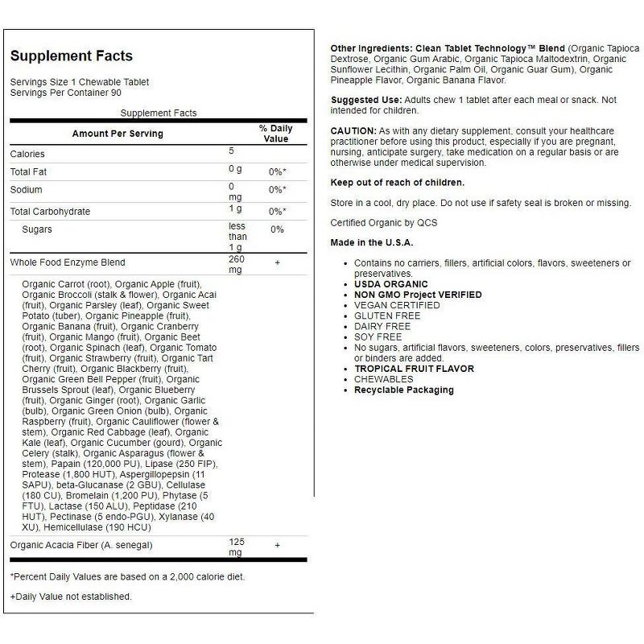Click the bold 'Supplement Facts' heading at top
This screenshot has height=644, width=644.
pos(71,56)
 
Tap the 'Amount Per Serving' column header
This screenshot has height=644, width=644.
pos(118,134)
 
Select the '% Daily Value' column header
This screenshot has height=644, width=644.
pos(276,134)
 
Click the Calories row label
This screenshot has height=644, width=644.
pos(27,154)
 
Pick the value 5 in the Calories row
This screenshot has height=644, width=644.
pos(231,151)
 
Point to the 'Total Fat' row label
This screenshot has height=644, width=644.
pos(29,171)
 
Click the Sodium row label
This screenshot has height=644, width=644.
pos(26,190)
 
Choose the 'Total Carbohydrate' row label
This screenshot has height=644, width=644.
pos(50,212)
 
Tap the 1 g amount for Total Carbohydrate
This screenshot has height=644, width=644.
pos(235,209)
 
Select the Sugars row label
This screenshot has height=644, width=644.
pos(37,229)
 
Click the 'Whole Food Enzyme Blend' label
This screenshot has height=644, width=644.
pos(68,262)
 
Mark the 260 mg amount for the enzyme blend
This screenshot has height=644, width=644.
pos(237,265)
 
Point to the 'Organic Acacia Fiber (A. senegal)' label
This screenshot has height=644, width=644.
pos(80,545)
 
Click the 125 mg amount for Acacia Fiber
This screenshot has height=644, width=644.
pos(237,547)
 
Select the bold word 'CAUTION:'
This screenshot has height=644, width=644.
pos(353,130)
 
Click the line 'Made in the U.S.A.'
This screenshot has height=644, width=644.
pos(372,242)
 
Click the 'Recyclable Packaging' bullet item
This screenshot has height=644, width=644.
pos(404,390)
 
